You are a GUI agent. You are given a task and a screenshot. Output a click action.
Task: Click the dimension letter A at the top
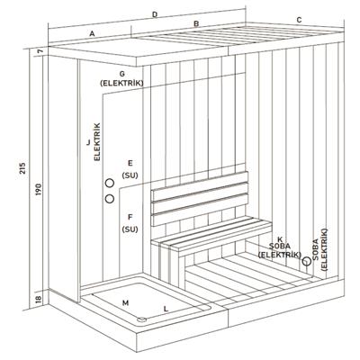[x=92, y=32]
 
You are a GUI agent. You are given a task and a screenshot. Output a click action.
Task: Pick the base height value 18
[x=39, y=298]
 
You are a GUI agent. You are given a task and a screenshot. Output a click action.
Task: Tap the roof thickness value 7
[x=40, y=54]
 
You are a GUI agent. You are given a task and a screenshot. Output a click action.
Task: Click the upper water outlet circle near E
[x=110, y=182]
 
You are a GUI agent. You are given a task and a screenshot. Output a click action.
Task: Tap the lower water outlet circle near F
[x=110, y=197]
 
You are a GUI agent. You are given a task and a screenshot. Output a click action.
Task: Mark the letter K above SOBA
[x=280, y=238]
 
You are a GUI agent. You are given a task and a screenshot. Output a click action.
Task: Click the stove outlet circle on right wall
[x=306, y=262]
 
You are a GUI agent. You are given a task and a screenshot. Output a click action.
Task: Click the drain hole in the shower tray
[x=141, y=318]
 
